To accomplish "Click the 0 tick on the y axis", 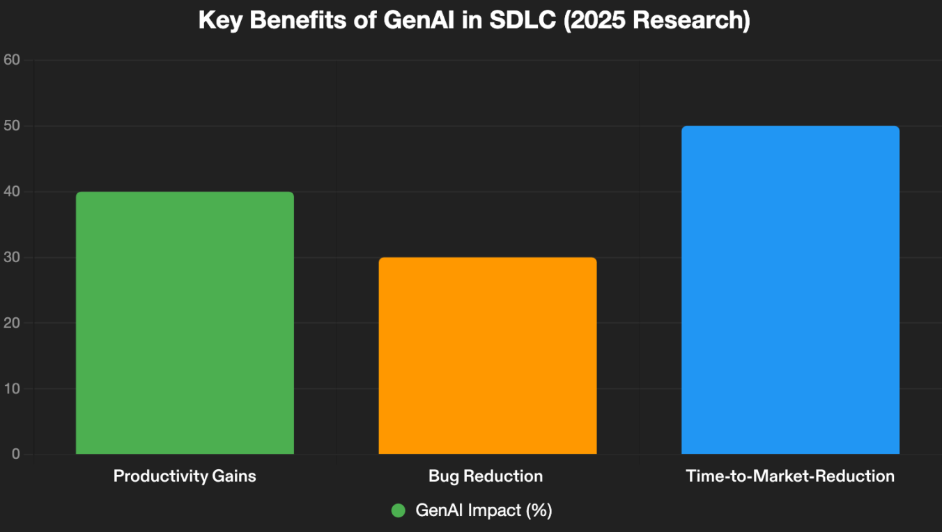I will pos(15,455).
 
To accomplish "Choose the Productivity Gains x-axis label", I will pos(185,476).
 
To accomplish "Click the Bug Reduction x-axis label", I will pos(486,476).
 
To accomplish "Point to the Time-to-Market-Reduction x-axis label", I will pos(790,476).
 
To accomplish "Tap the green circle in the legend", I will pos(399,510).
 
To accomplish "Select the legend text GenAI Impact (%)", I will pos(484,510).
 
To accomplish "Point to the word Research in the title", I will pos(697,20).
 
